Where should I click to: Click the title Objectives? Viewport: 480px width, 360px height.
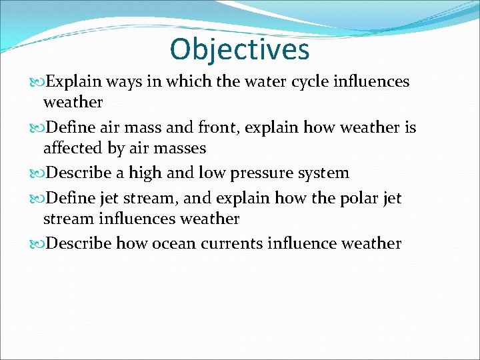(239, 49)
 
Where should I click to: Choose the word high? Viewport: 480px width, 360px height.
(145, 173)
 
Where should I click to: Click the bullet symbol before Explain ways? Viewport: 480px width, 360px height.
(37, 82)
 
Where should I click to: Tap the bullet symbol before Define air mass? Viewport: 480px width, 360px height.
(37, 128)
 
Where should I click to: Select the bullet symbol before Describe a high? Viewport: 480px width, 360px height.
(37, 173)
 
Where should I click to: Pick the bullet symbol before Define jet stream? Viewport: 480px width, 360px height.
(37, 198)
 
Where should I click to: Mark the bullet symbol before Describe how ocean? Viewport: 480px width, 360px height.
(37, 243)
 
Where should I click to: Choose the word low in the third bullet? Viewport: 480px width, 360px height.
(209, 173)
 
